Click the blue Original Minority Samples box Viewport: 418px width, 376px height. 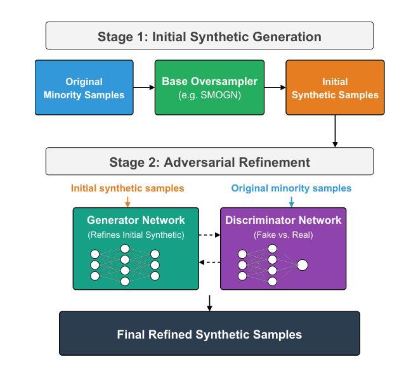tap(84, 88)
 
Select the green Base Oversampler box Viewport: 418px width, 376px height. tap(209, 88)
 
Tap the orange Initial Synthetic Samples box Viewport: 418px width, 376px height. tap(335, 88)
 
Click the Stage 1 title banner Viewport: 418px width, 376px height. tap(209, 36)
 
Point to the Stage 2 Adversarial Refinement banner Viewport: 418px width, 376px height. tap(209, 161)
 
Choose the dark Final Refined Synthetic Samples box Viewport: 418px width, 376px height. tap(209, 334)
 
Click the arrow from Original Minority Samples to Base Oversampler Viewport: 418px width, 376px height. tap(144, 88)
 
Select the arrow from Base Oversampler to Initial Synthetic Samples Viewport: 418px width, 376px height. tap(275, 88)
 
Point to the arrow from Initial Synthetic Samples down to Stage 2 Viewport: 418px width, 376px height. tap(335, 131)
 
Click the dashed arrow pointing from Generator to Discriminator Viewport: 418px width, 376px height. tap(209, 235)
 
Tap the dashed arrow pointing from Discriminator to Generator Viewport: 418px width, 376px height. tap(209, 263)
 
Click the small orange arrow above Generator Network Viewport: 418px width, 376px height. tap(127, 202)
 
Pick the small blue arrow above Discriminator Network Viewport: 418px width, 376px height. tap(291, 202)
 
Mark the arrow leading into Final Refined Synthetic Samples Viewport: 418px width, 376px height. tap(209, 303)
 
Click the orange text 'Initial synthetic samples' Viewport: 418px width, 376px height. tap(127, 188)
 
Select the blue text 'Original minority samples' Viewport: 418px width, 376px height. tap(291, 188)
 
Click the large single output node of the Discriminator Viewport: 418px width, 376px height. tap(303, 265)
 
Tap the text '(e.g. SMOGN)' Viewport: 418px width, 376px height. tap(209, 95)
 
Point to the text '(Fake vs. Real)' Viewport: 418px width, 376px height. tap(283, 235)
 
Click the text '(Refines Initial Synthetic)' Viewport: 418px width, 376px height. tap(136, 235)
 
